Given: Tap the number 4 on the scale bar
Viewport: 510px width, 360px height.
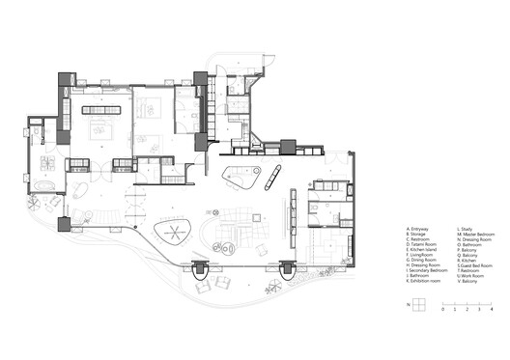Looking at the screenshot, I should [493, 312].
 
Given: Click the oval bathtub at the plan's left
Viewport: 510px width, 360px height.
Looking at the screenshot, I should [45, 183].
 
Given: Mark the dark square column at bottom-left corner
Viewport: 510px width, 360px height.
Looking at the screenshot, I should [64, 225].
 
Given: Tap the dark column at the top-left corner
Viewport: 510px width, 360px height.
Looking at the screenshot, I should [66, 80].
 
